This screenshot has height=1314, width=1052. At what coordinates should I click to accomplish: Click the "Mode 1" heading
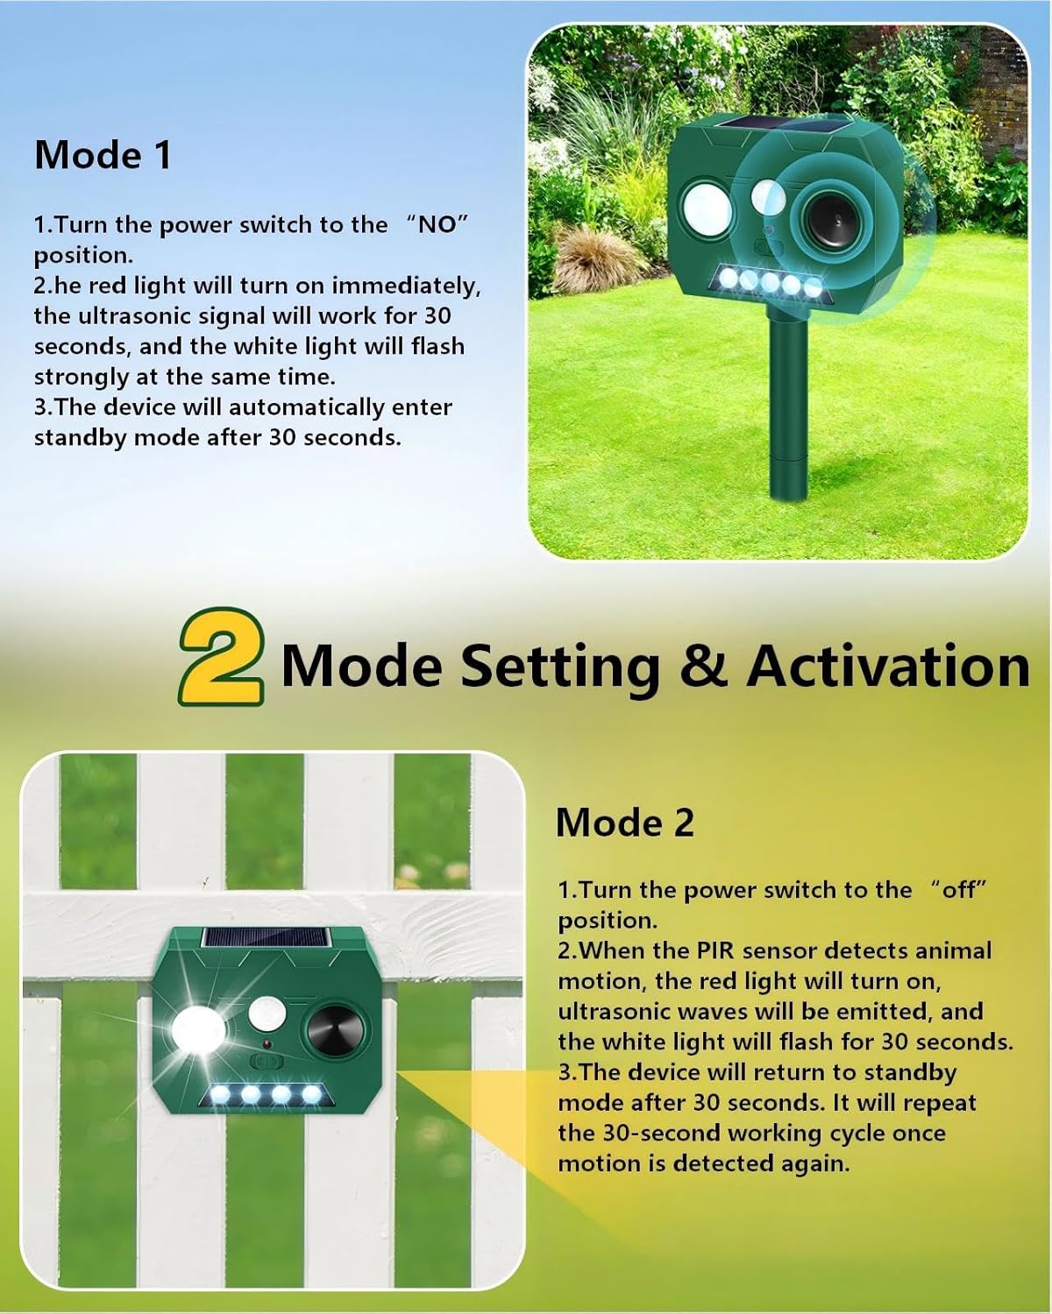click(103, 155)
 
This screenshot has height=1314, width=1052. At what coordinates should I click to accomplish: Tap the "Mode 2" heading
click(624, 823)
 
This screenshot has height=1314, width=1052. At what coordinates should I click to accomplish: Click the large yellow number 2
click(221, 656)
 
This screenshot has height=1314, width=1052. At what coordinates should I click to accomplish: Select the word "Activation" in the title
click(888, 666)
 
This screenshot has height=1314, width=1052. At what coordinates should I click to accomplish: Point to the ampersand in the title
click(703, 666)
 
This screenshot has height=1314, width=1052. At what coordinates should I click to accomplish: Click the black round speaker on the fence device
click(331, 1031)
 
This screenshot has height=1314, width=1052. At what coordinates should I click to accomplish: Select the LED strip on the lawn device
click(769, 283)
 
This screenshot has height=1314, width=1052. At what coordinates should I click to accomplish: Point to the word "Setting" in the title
click(560, 666)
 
